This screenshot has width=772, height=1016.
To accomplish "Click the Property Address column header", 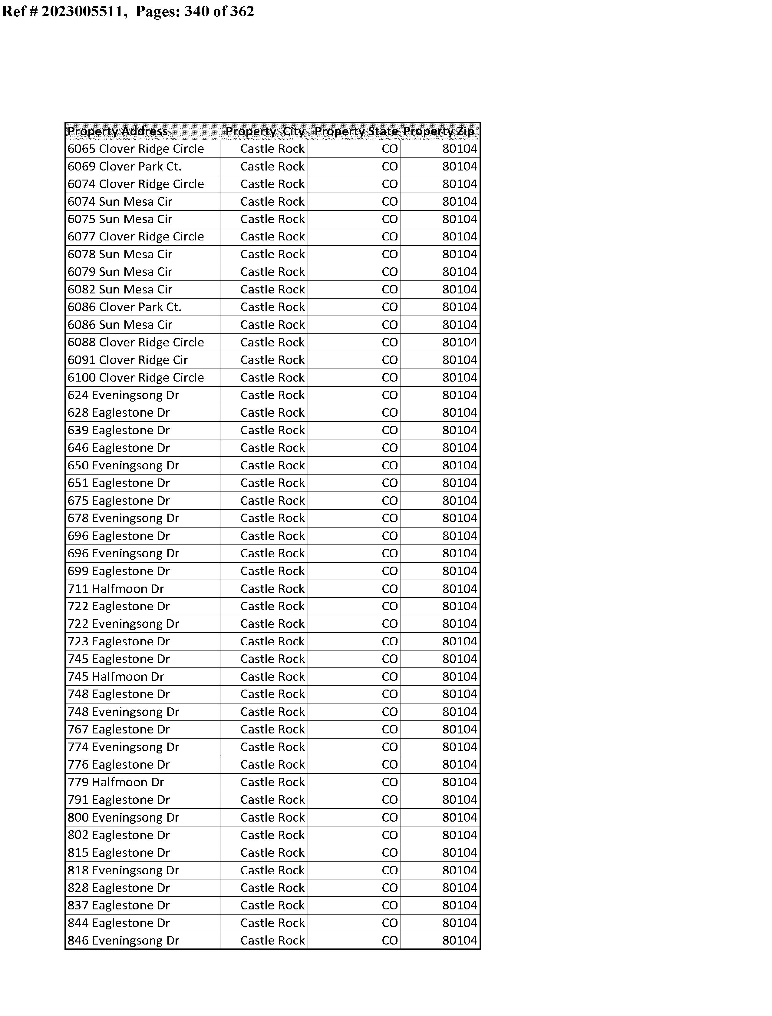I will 118,131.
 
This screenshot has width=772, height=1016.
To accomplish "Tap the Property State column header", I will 356,131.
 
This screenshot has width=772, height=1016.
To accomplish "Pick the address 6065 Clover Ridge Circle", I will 136,149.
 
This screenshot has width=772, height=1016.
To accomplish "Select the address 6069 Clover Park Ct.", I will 124,166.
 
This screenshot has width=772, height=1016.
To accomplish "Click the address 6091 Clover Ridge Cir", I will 128,360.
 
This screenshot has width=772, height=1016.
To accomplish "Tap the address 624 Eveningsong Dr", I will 123,395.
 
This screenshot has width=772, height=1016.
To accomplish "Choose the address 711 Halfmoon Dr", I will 116,589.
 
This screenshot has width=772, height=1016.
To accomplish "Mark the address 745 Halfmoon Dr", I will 116,677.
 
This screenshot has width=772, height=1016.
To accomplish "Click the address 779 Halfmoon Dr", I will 116,782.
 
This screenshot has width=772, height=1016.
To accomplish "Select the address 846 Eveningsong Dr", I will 123,941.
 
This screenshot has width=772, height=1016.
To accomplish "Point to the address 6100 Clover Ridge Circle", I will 136,378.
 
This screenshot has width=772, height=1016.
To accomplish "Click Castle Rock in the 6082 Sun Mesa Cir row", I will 272,290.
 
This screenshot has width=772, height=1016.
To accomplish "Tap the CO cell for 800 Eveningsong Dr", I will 390,817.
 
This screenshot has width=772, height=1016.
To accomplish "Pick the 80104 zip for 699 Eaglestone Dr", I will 460,571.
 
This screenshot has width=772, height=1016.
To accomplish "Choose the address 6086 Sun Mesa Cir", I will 120,325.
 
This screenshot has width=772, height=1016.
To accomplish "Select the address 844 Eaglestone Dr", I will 119,923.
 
